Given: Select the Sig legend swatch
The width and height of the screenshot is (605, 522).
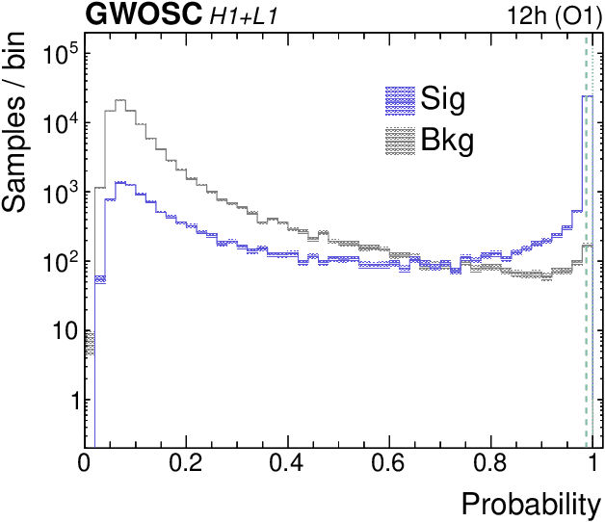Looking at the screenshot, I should [x=399, y=97].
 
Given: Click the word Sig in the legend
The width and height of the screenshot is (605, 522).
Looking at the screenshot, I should [x=444, y=97].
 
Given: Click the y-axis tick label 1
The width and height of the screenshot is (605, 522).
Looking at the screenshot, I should [x=67, y=401].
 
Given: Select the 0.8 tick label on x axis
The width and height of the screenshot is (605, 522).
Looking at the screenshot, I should [x=490, y=465].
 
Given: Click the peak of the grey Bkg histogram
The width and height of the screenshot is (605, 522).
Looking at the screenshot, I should [x=120, y=100].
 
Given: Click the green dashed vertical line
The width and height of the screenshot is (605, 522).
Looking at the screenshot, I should [x=586, y=289].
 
